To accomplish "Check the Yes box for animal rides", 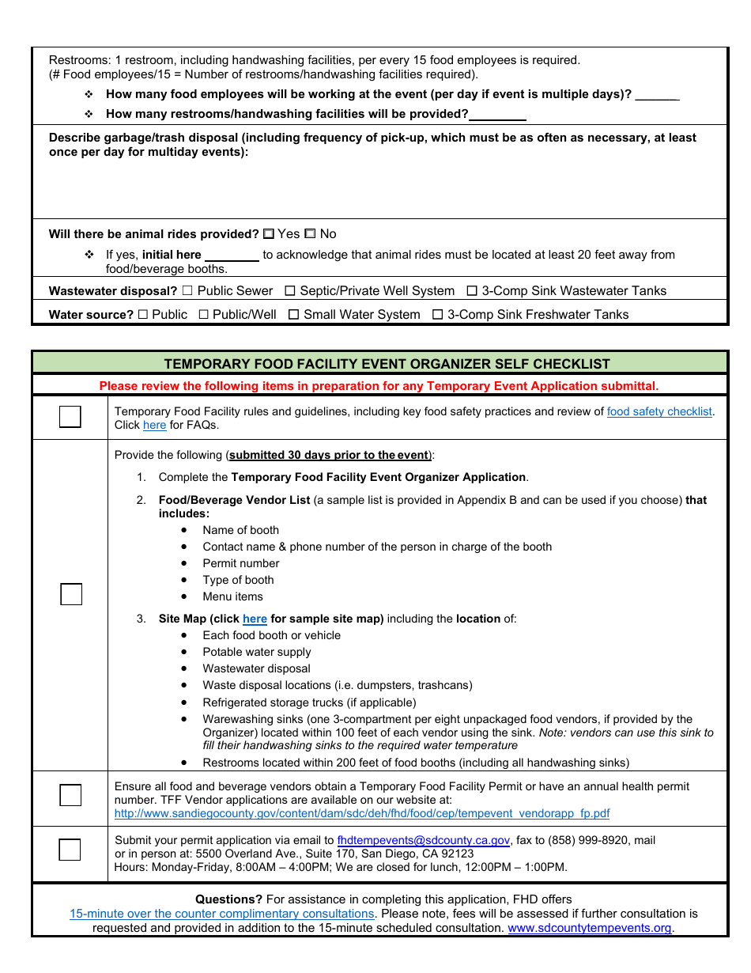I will (269, 234).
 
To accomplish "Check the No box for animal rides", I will (310, 234).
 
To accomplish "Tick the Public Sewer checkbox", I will (187, 291).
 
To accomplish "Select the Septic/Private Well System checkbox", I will (290, 291).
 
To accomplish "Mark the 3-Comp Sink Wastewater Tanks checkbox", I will (472, 291).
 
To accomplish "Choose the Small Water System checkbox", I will (293, 315).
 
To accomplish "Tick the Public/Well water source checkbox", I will (204, 315).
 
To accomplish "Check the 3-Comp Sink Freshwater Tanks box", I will (437, 315).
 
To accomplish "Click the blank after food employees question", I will (657, 95).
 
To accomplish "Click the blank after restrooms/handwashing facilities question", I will (498, 115).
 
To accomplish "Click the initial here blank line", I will (232, 256).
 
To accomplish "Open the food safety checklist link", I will (659, 411).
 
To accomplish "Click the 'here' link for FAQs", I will (154, 426).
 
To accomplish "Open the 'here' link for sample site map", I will (255, 619).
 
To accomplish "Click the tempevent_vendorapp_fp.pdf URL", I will (362, 813).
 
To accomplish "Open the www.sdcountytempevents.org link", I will (589, 928).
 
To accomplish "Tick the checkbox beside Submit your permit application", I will (70, 850).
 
